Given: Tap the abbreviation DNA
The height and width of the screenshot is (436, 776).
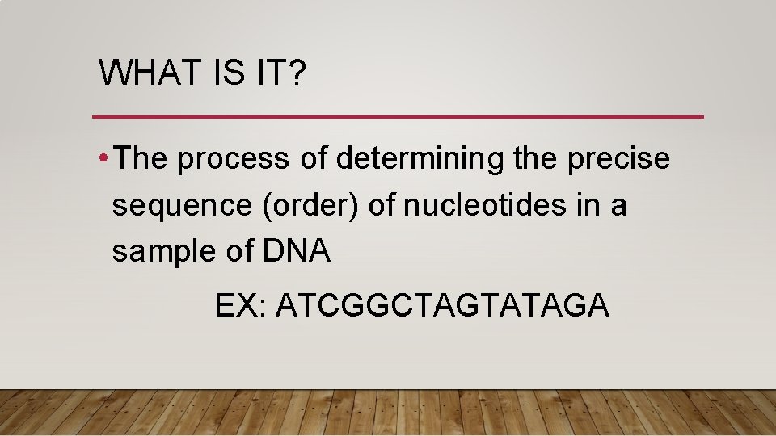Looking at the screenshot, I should [297, 252].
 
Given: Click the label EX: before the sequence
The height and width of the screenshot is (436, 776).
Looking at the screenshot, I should [240, 306].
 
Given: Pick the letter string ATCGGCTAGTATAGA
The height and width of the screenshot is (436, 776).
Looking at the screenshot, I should [442, 306].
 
